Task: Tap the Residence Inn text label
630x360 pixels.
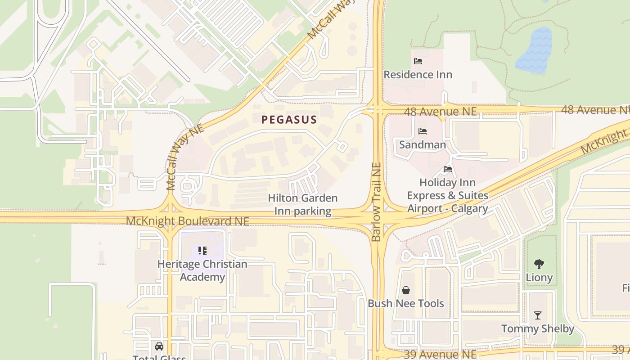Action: coord(418,75)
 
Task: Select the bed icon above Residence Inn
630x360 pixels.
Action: coord(418,61)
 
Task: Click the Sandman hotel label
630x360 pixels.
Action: coord(422,144)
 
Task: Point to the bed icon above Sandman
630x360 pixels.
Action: coord(422,131)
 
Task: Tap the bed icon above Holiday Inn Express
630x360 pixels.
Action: coord(447,169)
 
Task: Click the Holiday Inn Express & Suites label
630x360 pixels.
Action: coord(447,196)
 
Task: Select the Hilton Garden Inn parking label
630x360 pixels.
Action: coord(302,205)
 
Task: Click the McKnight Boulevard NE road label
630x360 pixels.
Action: coord(187,221)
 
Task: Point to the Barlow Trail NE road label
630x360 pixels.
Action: coord(377,202)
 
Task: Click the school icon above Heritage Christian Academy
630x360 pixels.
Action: coord(202,250)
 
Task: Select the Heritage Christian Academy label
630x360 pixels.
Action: coord(202,270)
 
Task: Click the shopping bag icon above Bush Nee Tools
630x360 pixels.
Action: coord(406,290)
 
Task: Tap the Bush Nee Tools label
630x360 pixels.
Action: coord(406,303)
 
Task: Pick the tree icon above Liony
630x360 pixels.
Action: coord(539,264)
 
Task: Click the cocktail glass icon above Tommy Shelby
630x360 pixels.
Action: coord(537,315)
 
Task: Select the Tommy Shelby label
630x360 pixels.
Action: coord(537,329)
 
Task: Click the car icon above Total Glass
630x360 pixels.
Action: coord(159,346)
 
